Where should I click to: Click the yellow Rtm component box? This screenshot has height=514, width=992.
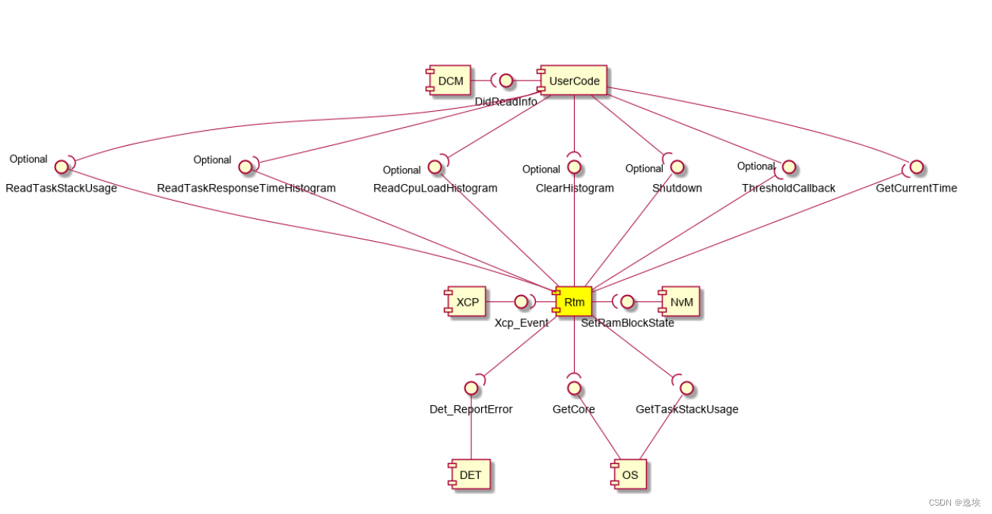tap(574, 302)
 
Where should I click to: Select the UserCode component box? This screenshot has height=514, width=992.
tap(573, 81)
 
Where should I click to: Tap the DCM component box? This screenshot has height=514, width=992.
tap(449, 81)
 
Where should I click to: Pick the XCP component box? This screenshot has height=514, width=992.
tap(466, 302)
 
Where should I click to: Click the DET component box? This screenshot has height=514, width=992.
tap(469, 475)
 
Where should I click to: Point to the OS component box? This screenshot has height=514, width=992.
tap(629, 475)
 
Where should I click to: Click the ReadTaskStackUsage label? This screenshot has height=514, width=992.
tap(62, 188)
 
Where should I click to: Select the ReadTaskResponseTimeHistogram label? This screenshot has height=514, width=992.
tap(246, 188)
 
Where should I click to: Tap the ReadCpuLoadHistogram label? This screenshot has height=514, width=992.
tap(436, 188)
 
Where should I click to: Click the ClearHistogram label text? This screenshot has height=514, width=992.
tap(575, 188)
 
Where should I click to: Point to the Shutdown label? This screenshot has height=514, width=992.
tap(677, 188)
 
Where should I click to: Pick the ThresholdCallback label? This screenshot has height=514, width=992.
tap(789, 188)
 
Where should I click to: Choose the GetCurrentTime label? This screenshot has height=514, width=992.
tap(917, 188)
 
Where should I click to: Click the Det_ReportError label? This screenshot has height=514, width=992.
tap(471, 409)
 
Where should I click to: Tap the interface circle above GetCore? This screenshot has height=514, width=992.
tap(574, 388)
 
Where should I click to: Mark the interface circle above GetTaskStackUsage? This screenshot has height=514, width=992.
tap(687, 388)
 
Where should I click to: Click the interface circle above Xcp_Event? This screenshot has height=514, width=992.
tap(521, 302)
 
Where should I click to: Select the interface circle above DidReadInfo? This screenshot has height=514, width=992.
tap(506, 81)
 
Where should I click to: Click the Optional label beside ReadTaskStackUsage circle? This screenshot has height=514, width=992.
tap(29, 159)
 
